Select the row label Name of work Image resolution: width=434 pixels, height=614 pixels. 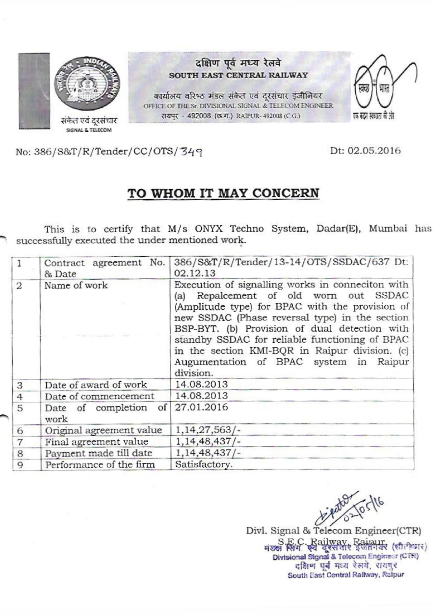pos(76,285)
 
